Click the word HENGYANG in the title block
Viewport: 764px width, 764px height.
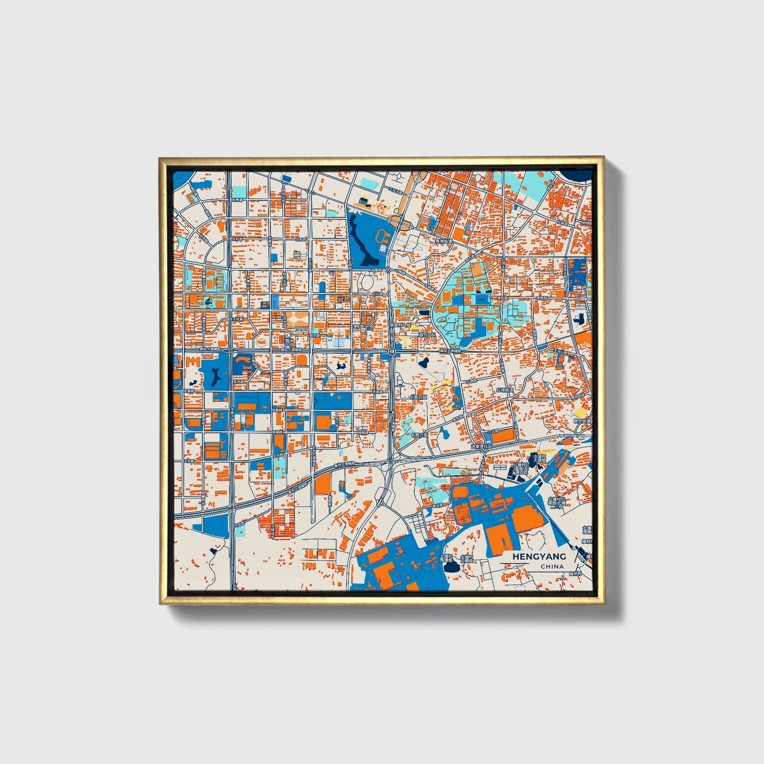(x=539, y=556)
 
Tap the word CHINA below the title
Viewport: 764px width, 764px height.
(x=552, y=567)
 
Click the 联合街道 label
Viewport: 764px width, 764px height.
(x=582, y=421)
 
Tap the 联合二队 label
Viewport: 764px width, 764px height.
(x=427, y=335)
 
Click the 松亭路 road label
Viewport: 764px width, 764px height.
(x=236, y=200)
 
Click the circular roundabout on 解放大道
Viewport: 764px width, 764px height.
(x=392, y=351)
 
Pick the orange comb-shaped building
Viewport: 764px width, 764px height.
(x=192, y=363)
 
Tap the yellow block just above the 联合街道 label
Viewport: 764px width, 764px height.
(x=580, y=412)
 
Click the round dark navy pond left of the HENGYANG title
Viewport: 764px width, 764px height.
(x=451, y=567)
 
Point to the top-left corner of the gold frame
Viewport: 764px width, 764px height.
(x=160, y=157)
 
